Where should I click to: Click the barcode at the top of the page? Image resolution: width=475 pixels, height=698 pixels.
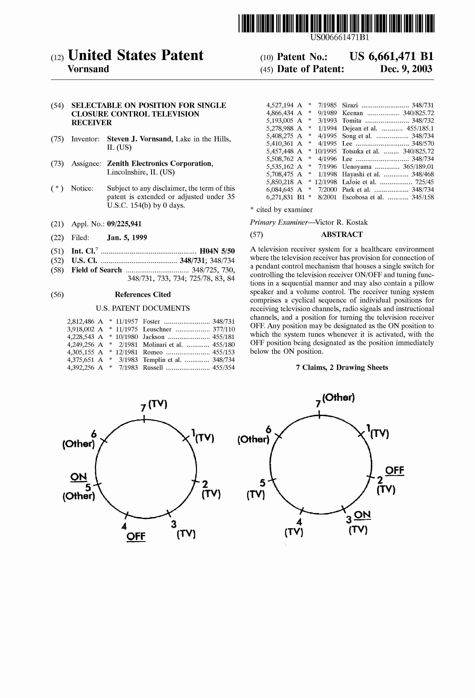[336, 23]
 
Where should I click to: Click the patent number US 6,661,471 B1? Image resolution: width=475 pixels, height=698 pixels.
[391, 57]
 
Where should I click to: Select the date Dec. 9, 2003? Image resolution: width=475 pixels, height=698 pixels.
[406, 69]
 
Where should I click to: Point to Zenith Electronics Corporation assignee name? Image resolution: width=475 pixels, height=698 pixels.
[160, 164]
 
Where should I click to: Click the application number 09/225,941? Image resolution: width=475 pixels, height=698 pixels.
[124, 224]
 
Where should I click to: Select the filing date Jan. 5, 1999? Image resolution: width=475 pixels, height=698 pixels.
[127, 238]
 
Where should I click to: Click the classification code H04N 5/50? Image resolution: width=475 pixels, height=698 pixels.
[217, 251]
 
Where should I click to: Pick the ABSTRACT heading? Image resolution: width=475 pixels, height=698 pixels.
[342, 235]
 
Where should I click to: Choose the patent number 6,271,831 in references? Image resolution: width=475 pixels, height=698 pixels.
[280, 197]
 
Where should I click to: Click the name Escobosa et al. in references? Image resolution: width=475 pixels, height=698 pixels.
[363, 197]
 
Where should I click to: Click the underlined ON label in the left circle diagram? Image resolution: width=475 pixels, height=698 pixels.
[79, 477]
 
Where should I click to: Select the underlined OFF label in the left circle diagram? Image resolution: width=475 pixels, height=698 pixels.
[136, 536]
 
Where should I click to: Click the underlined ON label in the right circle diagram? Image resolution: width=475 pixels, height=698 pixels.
[362, 515]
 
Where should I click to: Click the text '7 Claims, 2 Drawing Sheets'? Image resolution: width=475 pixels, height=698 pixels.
[342, 368]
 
